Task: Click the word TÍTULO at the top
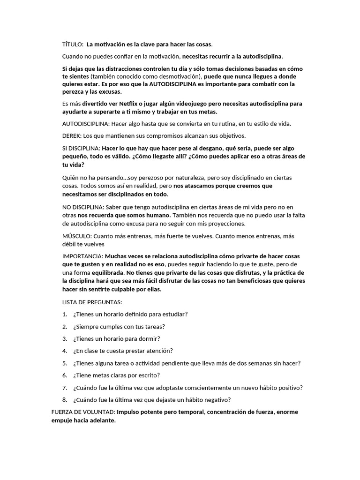pos(72,45)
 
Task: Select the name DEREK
pos(72,136)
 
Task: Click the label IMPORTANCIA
pos(82,256)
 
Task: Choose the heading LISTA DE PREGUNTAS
pos(92,302)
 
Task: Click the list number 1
pos(64,314)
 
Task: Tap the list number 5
pos(64,363)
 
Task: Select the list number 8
pos(64,399)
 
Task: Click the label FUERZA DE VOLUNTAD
pos(82,412)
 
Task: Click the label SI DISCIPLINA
pos(81,148)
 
